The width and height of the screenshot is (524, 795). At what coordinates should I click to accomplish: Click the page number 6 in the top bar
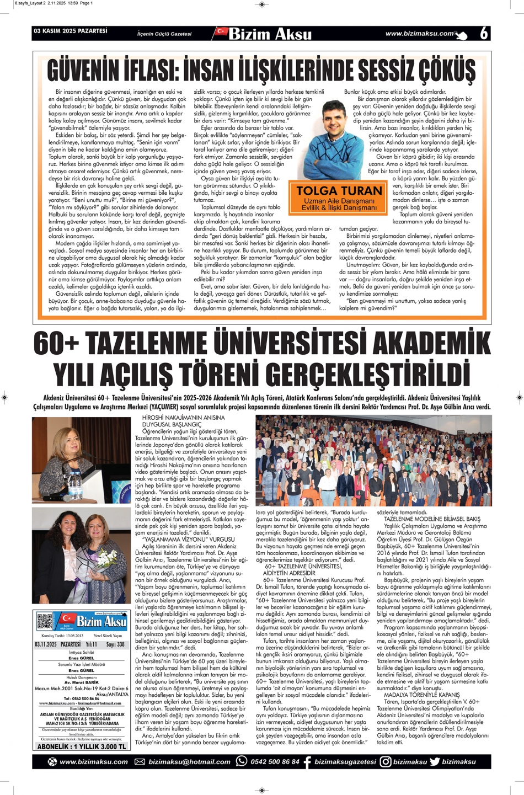[484, 34]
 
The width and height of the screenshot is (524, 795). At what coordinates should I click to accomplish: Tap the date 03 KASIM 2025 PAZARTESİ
[71, 31]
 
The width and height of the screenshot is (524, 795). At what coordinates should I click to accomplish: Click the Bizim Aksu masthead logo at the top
[265, 34]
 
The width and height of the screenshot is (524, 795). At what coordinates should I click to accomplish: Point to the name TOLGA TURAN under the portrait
[339, 191]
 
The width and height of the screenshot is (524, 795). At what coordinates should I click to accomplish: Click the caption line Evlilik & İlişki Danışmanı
[339, 208]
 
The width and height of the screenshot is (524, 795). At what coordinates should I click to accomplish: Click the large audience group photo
[373, 460]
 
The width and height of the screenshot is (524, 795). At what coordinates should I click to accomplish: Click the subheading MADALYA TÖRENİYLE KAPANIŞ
[422, 695]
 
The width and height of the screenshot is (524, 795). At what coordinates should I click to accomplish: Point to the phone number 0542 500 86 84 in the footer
[275, 762]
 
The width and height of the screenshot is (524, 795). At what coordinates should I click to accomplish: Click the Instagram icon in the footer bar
[386, 762]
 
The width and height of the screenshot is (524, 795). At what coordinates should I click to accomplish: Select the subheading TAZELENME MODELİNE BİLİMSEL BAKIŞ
[432, 519]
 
